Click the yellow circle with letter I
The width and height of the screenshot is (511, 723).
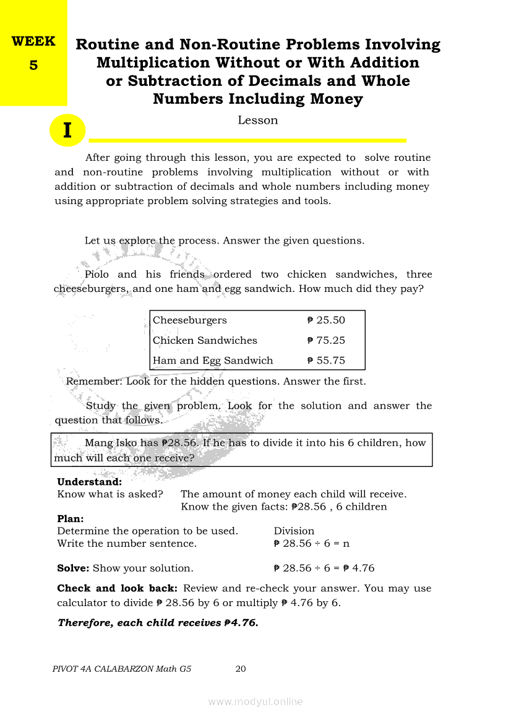point(67,130)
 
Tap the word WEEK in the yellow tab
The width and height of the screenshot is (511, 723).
point(33,41)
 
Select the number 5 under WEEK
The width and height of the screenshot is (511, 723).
point(33,64)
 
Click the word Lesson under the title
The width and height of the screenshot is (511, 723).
point(257,120)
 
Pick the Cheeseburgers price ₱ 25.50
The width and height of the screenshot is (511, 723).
point(326,320)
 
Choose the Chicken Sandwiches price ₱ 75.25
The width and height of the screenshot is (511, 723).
point(326,340)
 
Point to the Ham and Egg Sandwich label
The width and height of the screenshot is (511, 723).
point(212,361)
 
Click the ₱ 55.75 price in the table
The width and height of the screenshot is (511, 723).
point(326,361)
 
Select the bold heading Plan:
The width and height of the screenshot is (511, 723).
point(70,519)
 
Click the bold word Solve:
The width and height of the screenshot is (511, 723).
point(73,568)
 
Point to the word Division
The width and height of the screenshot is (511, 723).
point(294,531)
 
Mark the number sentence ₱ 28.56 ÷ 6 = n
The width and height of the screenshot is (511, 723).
point(311,544)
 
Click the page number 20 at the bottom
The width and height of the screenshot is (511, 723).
point(241,669)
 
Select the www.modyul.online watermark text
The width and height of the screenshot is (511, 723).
point(255,701)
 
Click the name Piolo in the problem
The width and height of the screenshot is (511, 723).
point(97,275)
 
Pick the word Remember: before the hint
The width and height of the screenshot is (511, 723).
point(94,382)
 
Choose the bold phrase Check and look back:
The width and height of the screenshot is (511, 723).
point(118,588)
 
